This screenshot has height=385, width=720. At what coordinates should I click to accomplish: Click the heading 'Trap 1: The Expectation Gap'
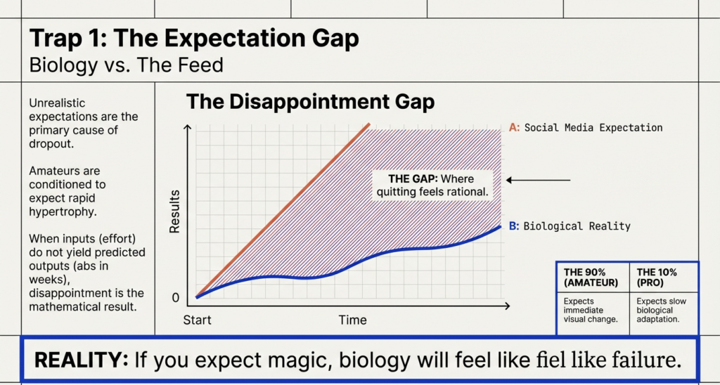[x=193, y=38]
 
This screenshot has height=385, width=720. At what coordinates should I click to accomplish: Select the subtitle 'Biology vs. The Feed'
[x=126, y=65]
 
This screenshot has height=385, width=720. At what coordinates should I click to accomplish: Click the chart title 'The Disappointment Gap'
[x=310, y=102]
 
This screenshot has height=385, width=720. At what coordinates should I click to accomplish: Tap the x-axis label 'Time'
[x=352, y=320]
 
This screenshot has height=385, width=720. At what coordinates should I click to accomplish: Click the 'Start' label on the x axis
[x=197, y=320]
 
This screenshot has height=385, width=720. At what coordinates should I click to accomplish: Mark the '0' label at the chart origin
[x=176, y=298]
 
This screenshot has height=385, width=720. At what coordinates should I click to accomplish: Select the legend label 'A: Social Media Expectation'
[x=585, y=128]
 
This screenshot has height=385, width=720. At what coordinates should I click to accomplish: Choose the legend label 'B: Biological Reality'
[x=570, y=226]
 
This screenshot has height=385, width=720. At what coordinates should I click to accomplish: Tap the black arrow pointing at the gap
[x=538, y=181]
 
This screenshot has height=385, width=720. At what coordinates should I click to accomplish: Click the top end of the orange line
[x=369, y=124]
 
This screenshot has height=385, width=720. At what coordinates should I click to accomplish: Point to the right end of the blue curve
[x=500, y=226]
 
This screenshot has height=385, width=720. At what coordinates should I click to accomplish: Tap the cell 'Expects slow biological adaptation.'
[x=661, y=311]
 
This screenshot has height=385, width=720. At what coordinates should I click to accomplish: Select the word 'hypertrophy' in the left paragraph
[x=60, y=211]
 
